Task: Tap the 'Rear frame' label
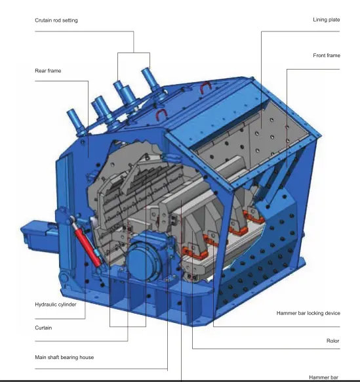tap(48, 70)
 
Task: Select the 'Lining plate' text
tap(326, 20)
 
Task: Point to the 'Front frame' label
tap(326, 55)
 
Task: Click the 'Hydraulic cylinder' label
tap(57, 305)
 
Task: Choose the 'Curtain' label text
tap(43, 327)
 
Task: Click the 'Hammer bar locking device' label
tap(308, 313)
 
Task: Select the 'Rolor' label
tap(332, 341)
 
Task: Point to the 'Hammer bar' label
tap(323, 377)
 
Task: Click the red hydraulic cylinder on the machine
tap(89, 244)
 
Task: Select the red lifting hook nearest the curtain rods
tap(159, 116)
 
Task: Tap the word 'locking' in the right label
tap(316, 313)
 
